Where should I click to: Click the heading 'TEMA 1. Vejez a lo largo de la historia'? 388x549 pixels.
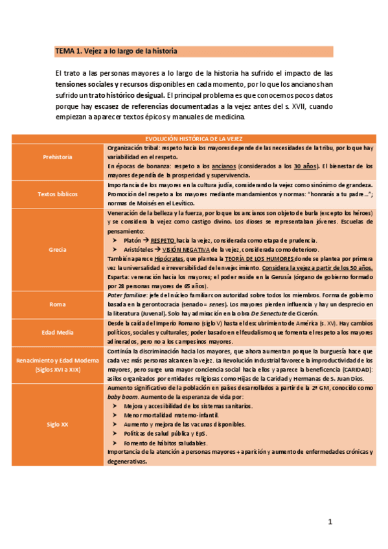pos(116,50)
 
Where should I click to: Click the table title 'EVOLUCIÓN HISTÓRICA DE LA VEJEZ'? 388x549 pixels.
pos(193,139)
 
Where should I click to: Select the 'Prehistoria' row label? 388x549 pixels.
pos(58,157)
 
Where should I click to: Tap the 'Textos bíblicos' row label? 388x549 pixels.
pos(58,193)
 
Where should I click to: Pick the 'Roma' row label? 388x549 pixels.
pos(58,304)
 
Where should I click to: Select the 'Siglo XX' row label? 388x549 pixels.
pos(58,425)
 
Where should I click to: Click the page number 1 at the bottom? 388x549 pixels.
pos(330,522)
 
